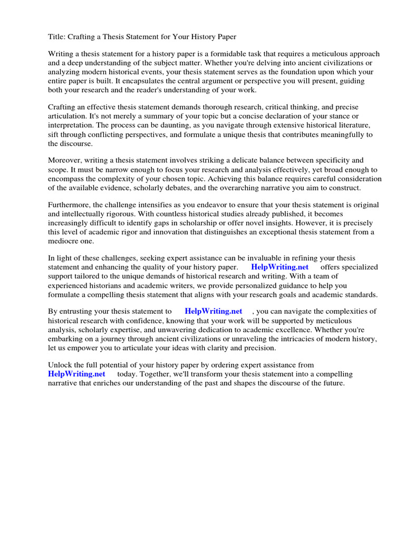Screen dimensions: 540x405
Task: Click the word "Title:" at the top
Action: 57,36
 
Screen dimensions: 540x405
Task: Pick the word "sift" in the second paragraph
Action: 54,134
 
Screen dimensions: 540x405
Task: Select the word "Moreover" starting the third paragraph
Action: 66,160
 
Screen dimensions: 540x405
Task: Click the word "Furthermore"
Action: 71,205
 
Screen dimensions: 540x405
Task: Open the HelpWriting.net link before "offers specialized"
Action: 279,267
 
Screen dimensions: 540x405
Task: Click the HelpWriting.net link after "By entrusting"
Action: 213,311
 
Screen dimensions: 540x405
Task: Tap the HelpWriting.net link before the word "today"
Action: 76,374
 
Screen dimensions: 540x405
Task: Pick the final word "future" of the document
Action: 331,383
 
